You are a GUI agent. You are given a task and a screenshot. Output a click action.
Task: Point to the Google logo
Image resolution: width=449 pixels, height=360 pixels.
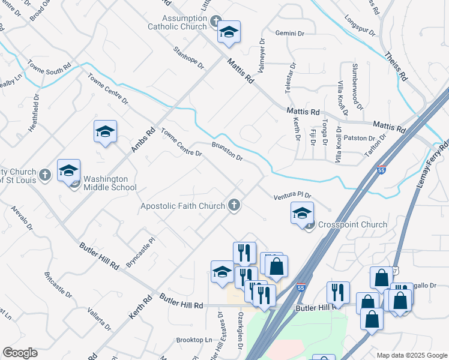(x=20, y=353)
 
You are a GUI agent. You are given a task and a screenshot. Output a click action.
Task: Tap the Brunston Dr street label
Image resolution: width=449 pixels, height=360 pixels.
(x=227, y=151)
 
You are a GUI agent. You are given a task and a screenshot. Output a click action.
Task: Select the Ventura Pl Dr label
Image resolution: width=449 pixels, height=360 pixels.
(x=293, y=196)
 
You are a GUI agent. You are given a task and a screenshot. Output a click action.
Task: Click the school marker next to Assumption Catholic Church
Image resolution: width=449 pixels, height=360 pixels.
(x=229, y=32)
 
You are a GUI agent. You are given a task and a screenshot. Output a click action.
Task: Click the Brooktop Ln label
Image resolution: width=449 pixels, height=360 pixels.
(x=194, y=340)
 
